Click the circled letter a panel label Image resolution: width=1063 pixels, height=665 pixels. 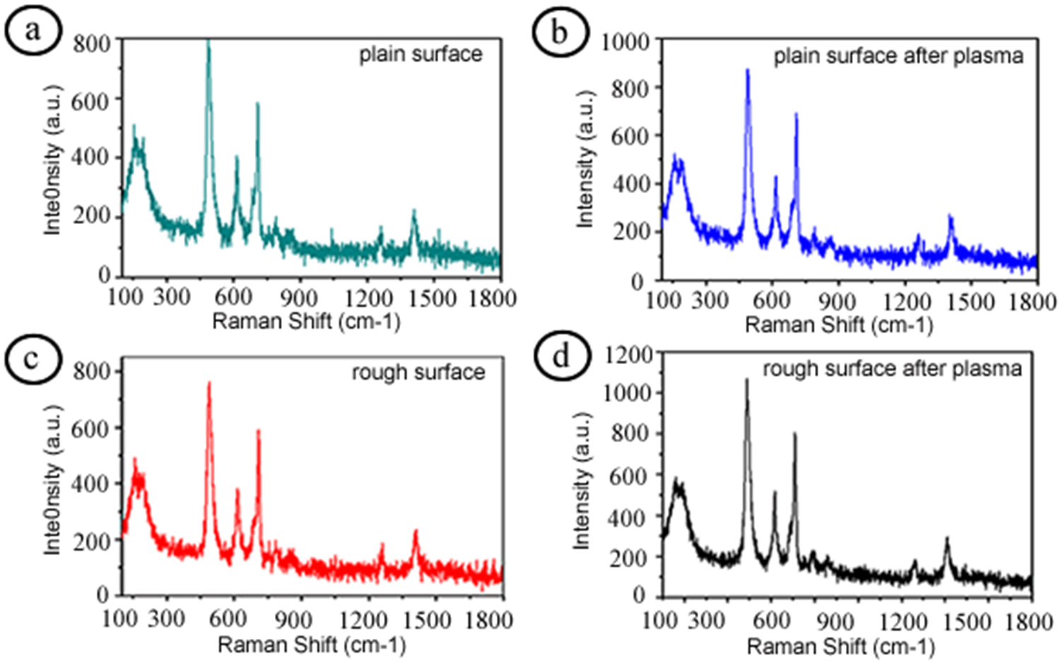[33, 32]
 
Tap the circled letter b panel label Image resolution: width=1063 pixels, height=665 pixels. [559, 33]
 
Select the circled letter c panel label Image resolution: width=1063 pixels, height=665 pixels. [33, 359]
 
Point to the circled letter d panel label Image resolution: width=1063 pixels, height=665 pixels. [560, 356]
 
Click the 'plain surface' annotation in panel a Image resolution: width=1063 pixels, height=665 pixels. [421, 54]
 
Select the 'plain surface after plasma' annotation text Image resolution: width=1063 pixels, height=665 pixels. [898, 56]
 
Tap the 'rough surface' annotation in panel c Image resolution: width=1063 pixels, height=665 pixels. [418, 372]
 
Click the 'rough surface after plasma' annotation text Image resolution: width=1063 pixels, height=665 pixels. [892, 369]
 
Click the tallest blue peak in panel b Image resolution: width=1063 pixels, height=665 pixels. [747, 71]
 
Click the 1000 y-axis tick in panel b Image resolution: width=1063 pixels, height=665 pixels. [625, 42]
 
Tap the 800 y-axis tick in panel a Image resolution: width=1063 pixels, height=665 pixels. [92, 44]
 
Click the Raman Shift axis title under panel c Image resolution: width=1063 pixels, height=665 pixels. [311, 645]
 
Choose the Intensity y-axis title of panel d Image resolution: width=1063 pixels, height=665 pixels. [581, 481]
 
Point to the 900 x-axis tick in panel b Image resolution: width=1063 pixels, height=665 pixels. [837, 302]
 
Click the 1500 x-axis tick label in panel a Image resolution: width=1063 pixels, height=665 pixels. [433, 298]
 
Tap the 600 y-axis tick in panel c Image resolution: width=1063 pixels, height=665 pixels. [92, 428]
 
